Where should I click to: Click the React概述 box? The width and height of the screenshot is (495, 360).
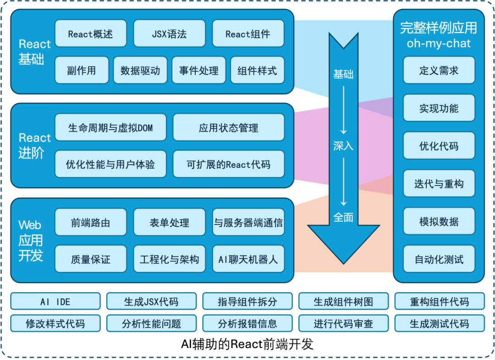[x=90, y=33]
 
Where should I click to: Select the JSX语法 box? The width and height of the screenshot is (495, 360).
[x=169, y=33]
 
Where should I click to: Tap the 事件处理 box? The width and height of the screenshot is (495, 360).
[x=198, y=71]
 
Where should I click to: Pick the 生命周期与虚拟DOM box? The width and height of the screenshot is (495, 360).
[x=110, y=128]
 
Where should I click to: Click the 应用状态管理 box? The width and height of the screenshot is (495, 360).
[x=228, y=128]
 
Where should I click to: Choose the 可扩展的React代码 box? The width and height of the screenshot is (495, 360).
[x=228, y=164]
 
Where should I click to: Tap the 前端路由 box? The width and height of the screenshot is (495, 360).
[x=90, y=223]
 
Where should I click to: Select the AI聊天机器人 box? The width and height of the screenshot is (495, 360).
[x=248, y=260]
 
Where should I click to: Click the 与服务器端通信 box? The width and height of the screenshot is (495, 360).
[x=248, y=223]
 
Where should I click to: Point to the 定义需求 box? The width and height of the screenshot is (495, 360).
[x=439, y=71]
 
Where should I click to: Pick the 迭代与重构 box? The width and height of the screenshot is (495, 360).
[x=439, y=184]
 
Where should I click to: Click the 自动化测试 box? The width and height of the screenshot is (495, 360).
[x=439, y=260]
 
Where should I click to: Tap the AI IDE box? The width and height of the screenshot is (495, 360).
[x=55, y=302]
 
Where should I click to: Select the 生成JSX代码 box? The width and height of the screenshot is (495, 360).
[x=151, y=302]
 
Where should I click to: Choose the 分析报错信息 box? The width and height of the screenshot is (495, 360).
[x=247, y=324]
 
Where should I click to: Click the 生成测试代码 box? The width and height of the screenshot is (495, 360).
[x=439, y=324]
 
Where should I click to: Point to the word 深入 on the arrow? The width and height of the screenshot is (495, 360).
[x=343, y=146]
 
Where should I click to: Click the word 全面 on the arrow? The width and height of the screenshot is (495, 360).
[x=343, y=217]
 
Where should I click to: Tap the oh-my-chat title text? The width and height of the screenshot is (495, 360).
[x=439, y=44]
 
